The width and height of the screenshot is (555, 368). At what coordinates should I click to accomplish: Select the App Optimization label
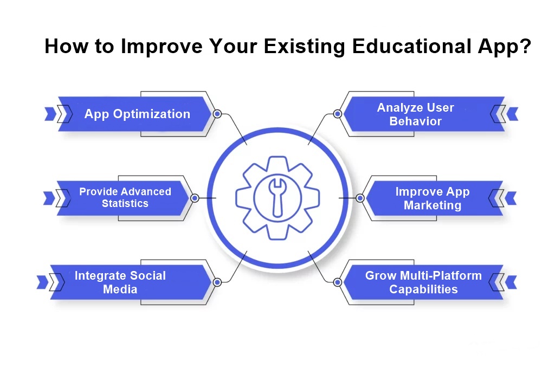137,114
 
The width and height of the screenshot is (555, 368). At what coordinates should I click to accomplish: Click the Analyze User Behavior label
416,114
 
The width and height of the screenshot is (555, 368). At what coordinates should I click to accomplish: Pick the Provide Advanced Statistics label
125,197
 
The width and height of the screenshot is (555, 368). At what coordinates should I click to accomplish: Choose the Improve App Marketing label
433,198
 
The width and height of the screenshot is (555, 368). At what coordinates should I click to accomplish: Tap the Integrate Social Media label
120,282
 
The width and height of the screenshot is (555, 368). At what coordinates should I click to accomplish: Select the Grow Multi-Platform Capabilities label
423,282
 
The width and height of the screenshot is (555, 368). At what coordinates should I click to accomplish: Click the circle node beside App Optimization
217,114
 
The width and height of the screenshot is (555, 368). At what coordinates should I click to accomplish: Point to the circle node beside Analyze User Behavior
338,114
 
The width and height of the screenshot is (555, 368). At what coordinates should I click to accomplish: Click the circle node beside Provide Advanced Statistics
195,198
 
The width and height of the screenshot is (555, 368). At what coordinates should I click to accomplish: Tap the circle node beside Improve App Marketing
360,198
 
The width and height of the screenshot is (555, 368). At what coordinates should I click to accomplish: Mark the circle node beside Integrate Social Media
217,282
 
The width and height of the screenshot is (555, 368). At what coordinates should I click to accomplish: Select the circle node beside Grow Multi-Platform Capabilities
338,282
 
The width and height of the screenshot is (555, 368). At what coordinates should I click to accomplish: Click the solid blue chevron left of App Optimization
50,114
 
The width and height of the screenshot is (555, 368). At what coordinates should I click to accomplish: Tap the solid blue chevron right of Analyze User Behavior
513,114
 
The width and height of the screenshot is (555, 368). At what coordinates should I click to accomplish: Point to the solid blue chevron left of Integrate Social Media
42,282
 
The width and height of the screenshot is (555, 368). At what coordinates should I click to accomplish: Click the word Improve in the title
162,46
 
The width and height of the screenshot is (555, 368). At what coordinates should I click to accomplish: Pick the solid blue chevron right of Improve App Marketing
511,198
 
